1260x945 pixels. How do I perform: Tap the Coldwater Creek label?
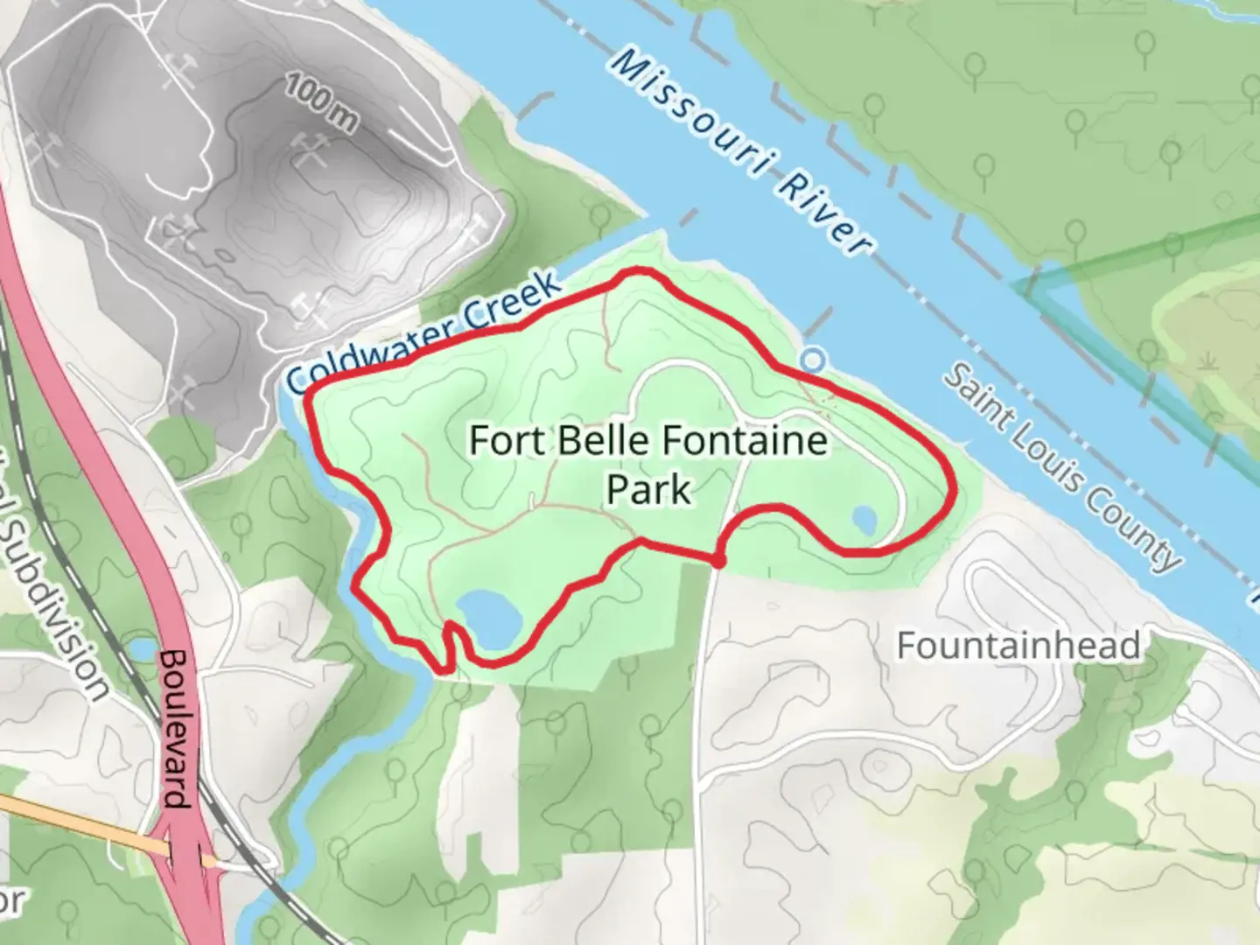423,332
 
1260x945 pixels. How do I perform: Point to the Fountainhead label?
1018,646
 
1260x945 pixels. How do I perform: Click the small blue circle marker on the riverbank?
814,360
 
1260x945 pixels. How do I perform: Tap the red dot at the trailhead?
717,561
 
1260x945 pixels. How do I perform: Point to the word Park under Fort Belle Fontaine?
648,489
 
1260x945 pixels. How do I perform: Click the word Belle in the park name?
594,440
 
